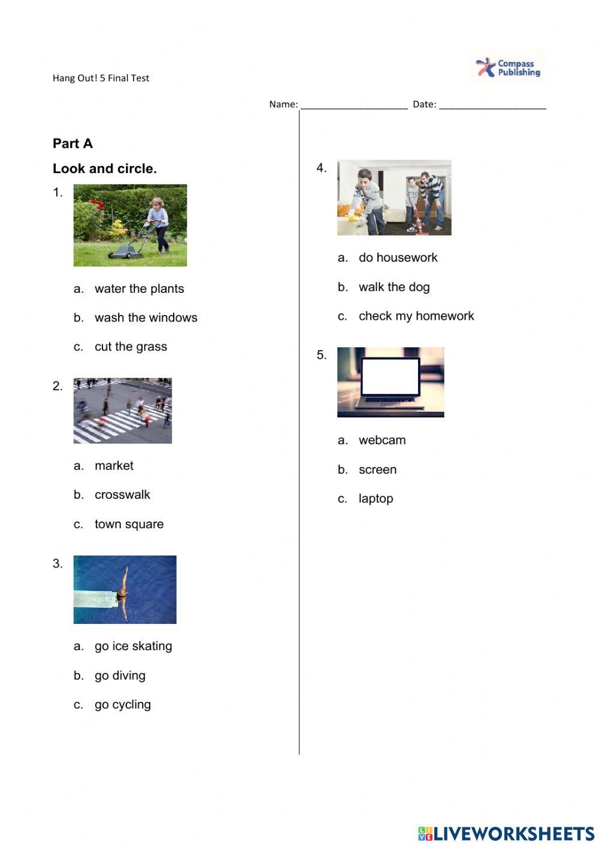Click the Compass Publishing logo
507,67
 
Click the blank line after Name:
353,105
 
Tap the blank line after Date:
492,105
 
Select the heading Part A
72,144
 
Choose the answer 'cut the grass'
131,347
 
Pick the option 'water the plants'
139,289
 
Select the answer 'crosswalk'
122,495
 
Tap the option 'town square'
129,524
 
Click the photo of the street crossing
122,411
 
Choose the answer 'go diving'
120,675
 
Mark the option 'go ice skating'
133,646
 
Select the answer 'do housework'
398,257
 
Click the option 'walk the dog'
394,287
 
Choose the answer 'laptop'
376,499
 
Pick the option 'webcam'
382,440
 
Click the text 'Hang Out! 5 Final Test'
101,78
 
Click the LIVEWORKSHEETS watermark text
513,833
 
